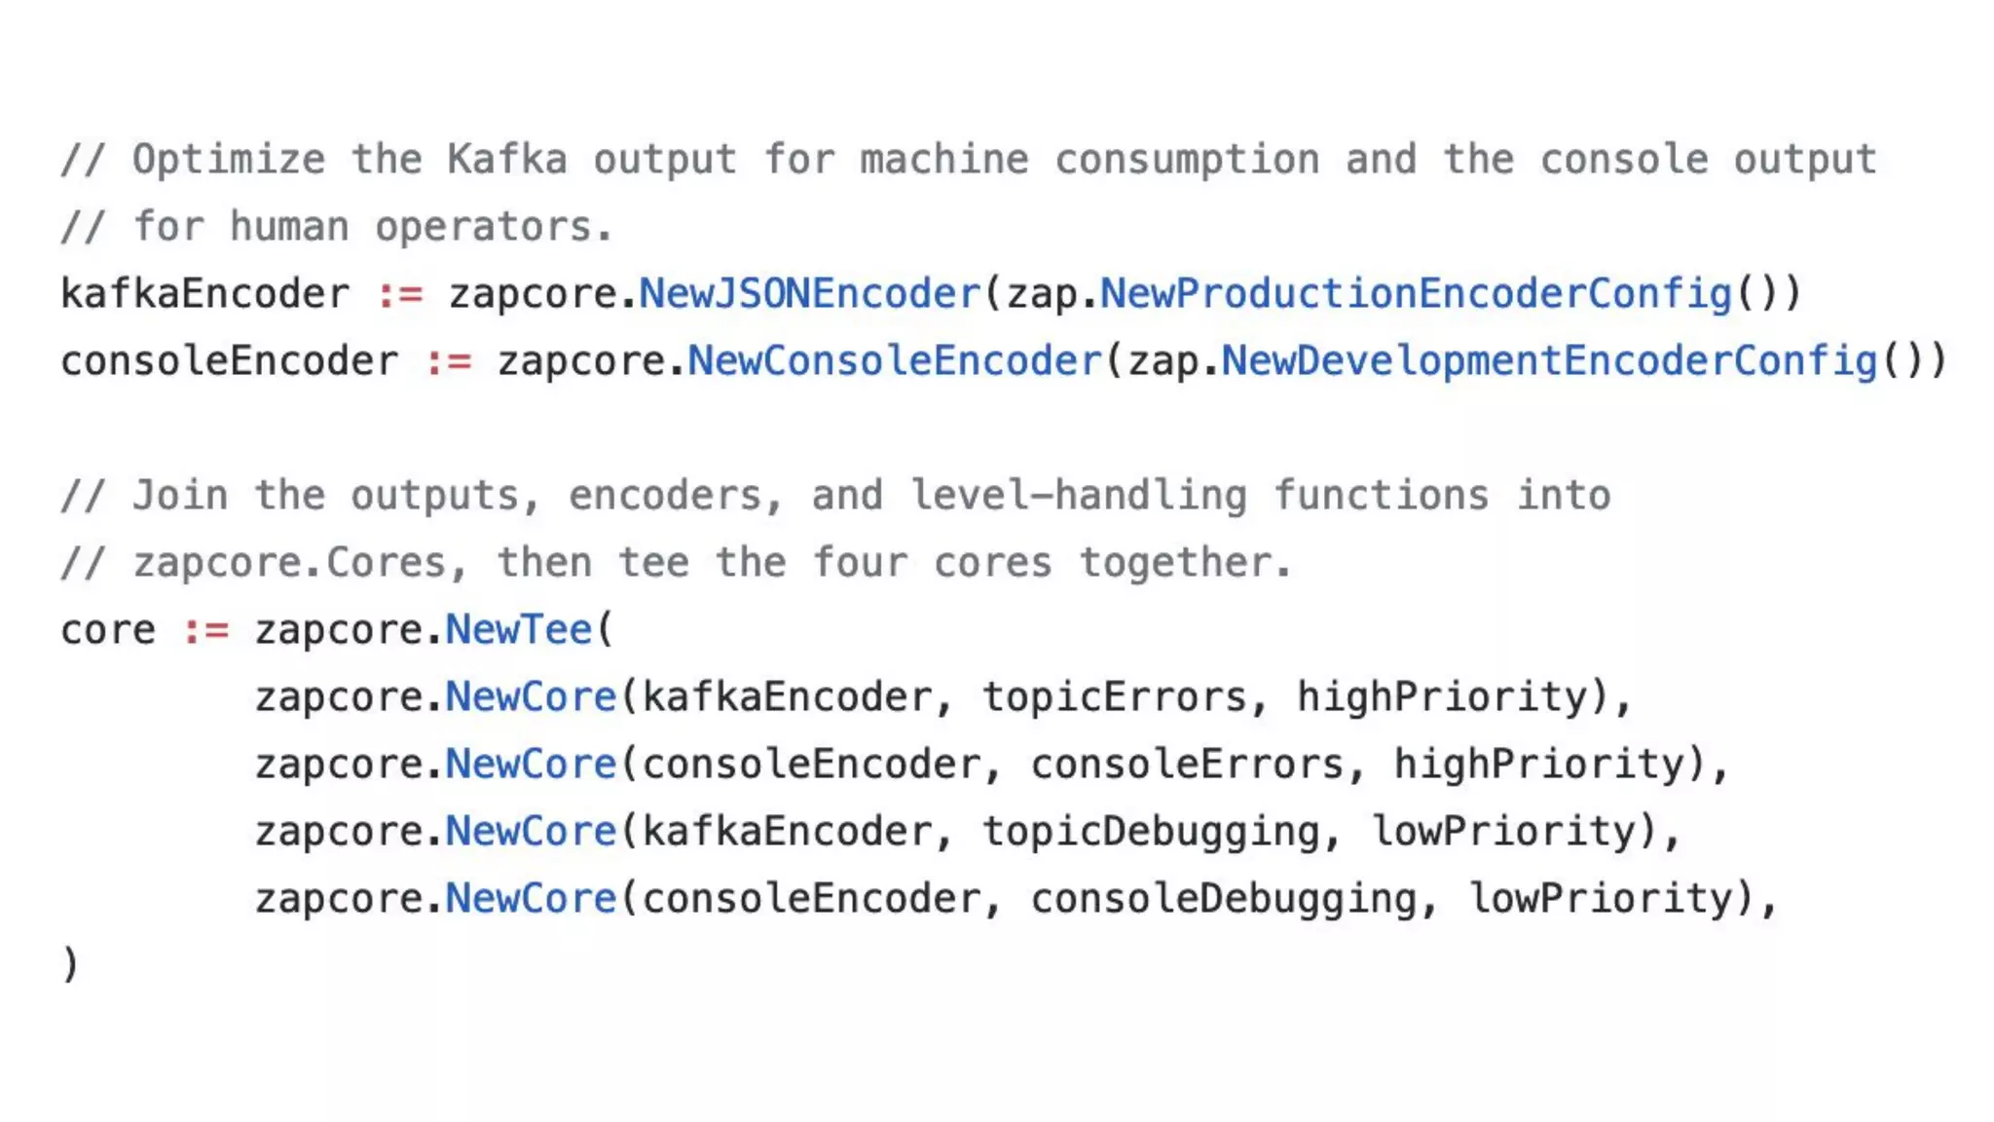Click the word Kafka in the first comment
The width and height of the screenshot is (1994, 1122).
point(506,160)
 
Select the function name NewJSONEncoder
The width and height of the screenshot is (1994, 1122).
point(809,294)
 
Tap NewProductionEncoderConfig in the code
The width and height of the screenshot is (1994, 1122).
point(1416,294)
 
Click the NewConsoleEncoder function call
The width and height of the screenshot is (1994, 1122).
point(894,361)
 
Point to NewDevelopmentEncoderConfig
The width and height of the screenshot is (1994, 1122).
point(1549,361)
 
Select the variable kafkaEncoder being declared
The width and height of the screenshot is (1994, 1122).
point(204,294)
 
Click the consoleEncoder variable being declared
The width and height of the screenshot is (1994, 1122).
point(229,361)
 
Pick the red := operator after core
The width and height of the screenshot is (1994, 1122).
point(205,630)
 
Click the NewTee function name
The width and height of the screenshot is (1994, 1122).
point(519,630)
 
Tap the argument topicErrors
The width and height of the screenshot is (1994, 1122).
point(1114,697)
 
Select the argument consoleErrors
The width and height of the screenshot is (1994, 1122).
point(1187,765)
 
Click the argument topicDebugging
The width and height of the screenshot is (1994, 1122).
point(1151,832)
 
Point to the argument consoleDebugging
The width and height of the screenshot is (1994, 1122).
point(1223,899)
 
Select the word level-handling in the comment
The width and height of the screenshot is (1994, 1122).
point(1078,496)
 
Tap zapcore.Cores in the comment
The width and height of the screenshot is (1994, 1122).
point(289,563)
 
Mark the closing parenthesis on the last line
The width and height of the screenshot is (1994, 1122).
point(70,965)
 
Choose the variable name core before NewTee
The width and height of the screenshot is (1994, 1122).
point(108,630)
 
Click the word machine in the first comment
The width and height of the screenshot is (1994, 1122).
point(943,160)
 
